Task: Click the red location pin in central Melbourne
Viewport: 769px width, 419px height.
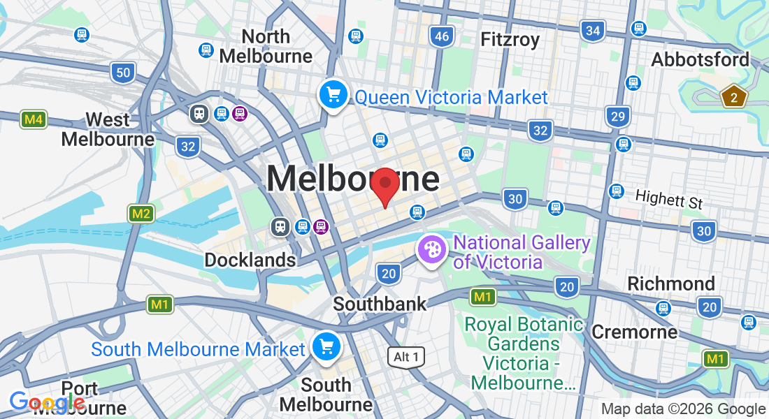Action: click(x=384, y=185)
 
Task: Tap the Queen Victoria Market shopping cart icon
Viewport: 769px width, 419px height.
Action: click(x=333, y=94)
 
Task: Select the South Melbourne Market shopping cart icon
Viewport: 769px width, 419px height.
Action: click(x=326, y=346)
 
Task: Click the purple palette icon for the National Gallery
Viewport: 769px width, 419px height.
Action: click(x=432, y=249)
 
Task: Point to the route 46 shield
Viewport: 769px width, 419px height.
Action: click(x=442, y=36)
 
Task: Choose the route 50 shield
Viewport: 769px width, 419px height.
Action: click(x=123, y=72)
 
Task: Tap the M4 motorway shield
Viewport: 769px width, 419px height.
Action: click(x=33, y=119)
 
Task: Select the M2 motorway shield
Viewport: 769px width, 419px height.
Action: click(x=141, y=213)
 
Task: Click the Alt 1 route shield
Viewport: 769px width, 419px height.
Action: click(x=406, y=357)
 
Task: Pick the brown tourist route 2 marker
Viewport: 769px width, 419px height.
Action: click(x=733, y=97)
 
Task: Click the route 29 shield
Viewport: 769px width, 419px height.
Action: click(x=617, y=116)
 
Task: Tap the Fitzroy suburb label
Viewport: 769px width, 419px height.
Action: click(x=510, y=39)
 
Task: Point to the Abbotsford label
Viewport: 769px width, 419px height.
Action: click(x=700, y=59)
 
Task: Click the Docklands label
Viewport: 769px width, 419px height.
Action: click(x=250, y=260)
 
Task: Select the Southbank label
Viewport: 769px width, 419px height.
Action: click(x=380, y=304)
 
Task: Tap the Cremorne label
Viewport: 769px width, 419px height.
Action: click(x=634, y=331)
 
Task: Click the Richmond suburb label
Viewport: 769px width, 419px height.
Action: click(x=671, y=284)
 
